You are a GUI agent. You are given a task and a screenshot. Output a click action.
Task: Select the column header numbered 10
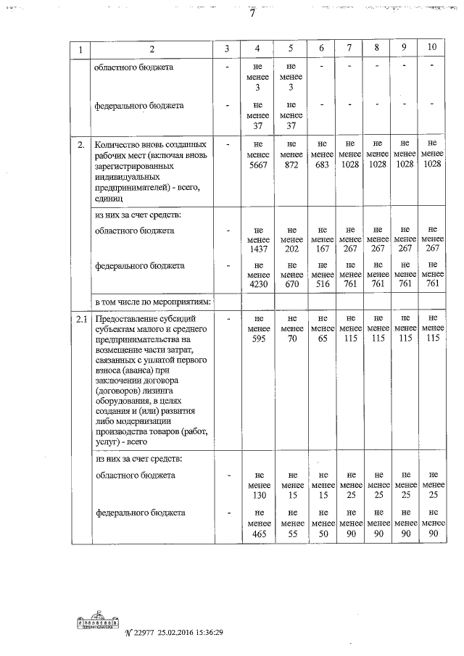(x=432, y=48)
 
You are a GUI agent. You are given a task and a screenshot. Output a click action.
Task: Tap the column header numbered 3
(x=226, y=49)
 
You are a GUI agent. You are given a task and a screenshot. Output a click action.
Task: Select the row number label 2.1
(x=81, y=318)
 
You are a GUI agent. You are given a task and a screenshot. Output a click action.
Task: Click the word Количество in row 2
(x=120, y=144)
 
